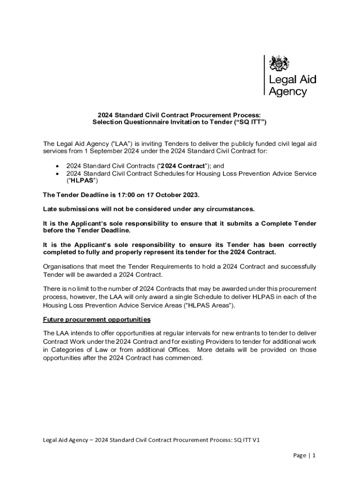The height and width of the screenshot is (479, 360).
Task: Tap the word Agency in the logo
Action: [287, 91]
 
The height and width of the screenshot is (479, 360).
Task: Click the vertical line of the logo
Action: [265, 75]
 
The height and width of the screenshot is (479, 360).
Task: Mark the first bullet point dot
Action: [57, 166]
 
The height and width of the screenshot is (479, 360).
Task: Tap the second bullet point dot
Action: [57, 174]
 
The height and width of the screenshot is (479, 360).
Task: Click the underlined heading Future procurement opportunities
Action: [97, 319]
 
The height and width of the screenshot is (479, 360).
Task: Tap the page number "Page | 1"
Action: [305, 455]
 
